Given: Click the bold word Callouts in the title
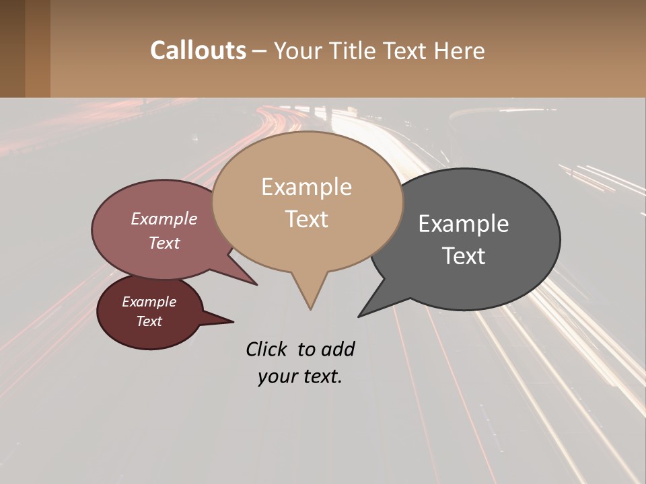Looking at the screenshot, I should [x=198, y=50].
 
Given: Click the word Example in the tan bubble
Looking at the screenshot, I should [x=306, y=187].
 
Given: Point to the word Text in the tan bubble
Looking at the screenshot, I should [x=307, y=219].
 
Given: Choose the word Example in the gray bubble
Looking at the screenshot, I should [x=464, y=224].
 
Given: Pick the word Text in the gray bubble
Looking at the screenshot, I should [x=464, y=256].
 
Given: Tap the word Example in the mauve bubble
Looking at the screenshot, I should [x=164, y=218].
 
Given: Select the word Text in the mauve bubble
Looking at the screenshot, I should [x=164, y=243].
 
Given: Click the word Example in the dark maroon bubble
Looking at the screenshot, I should [x=149, y=302].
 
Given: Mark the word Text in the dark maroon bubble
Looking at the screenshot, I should [x=149, y=321].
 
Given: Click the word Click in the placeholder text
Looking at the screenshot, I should [x=267, y=349].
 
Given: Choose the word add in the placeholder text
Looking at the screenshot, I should [x=338, y=349].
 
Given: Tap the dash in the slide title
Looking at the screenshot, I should [x=260, y=50].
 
